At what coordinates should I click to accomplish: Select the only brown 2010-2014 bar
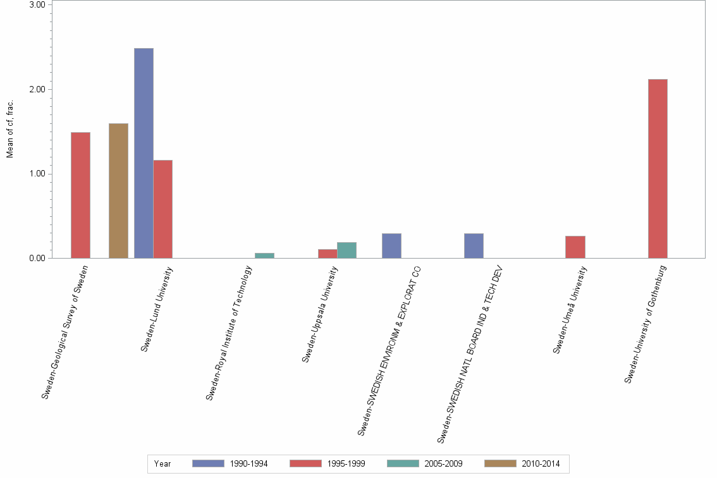click(x=118, y=190)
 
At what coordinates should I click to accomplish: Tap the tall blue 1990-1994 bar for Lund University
click(x=144, y=153)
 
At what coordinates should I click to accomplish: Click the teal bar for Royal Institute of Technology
click(x=264, y=255)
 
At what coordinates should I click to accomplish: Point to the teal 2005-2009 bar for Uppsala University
click(x=346, y=250)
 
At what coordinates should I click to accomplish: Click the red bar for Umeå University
click(x=575, y=247)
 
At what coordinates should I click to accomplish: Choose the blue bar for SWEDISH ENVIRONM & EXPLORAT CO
click(x=391, y=245)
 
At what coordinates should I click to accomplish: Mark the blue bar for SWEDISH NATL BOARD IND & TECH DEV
click(x=474, y=245)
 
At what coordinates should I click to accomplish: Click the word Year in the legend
click(x=162, y=463)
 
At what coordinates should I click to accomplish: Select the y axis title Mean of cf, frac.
click(x=9, y=128)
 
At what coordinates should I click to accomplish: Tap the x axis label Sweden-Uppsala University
click(x=321, y=314)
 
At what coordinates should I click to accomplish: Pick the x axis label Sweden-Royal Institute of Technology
click(x=230, y=333)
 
